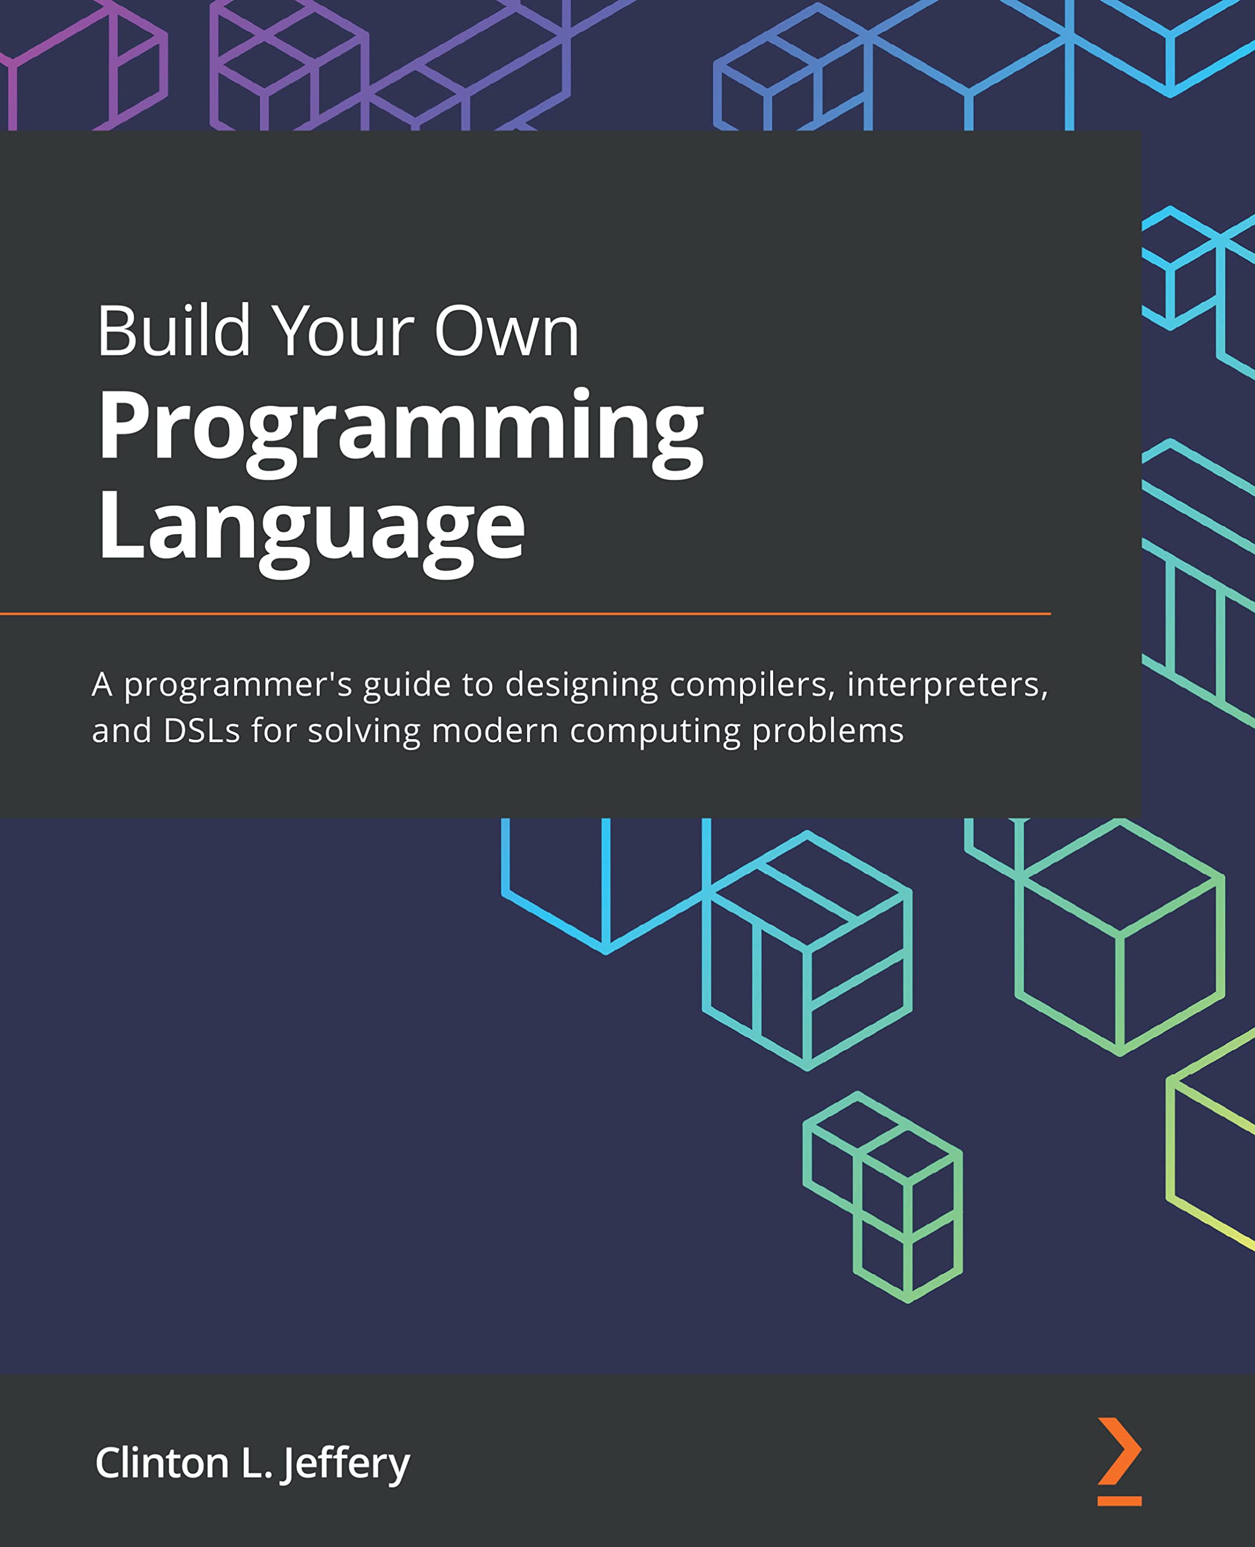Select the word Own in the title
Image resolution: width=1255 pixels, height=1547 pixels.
506,332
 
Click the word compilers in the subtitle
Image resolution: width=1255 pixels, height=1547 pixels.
752,684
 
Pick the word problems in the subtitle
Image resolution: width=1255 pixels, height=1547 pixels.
828,732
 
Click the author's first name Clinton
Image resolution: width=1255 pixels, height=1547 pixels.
162,1463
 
